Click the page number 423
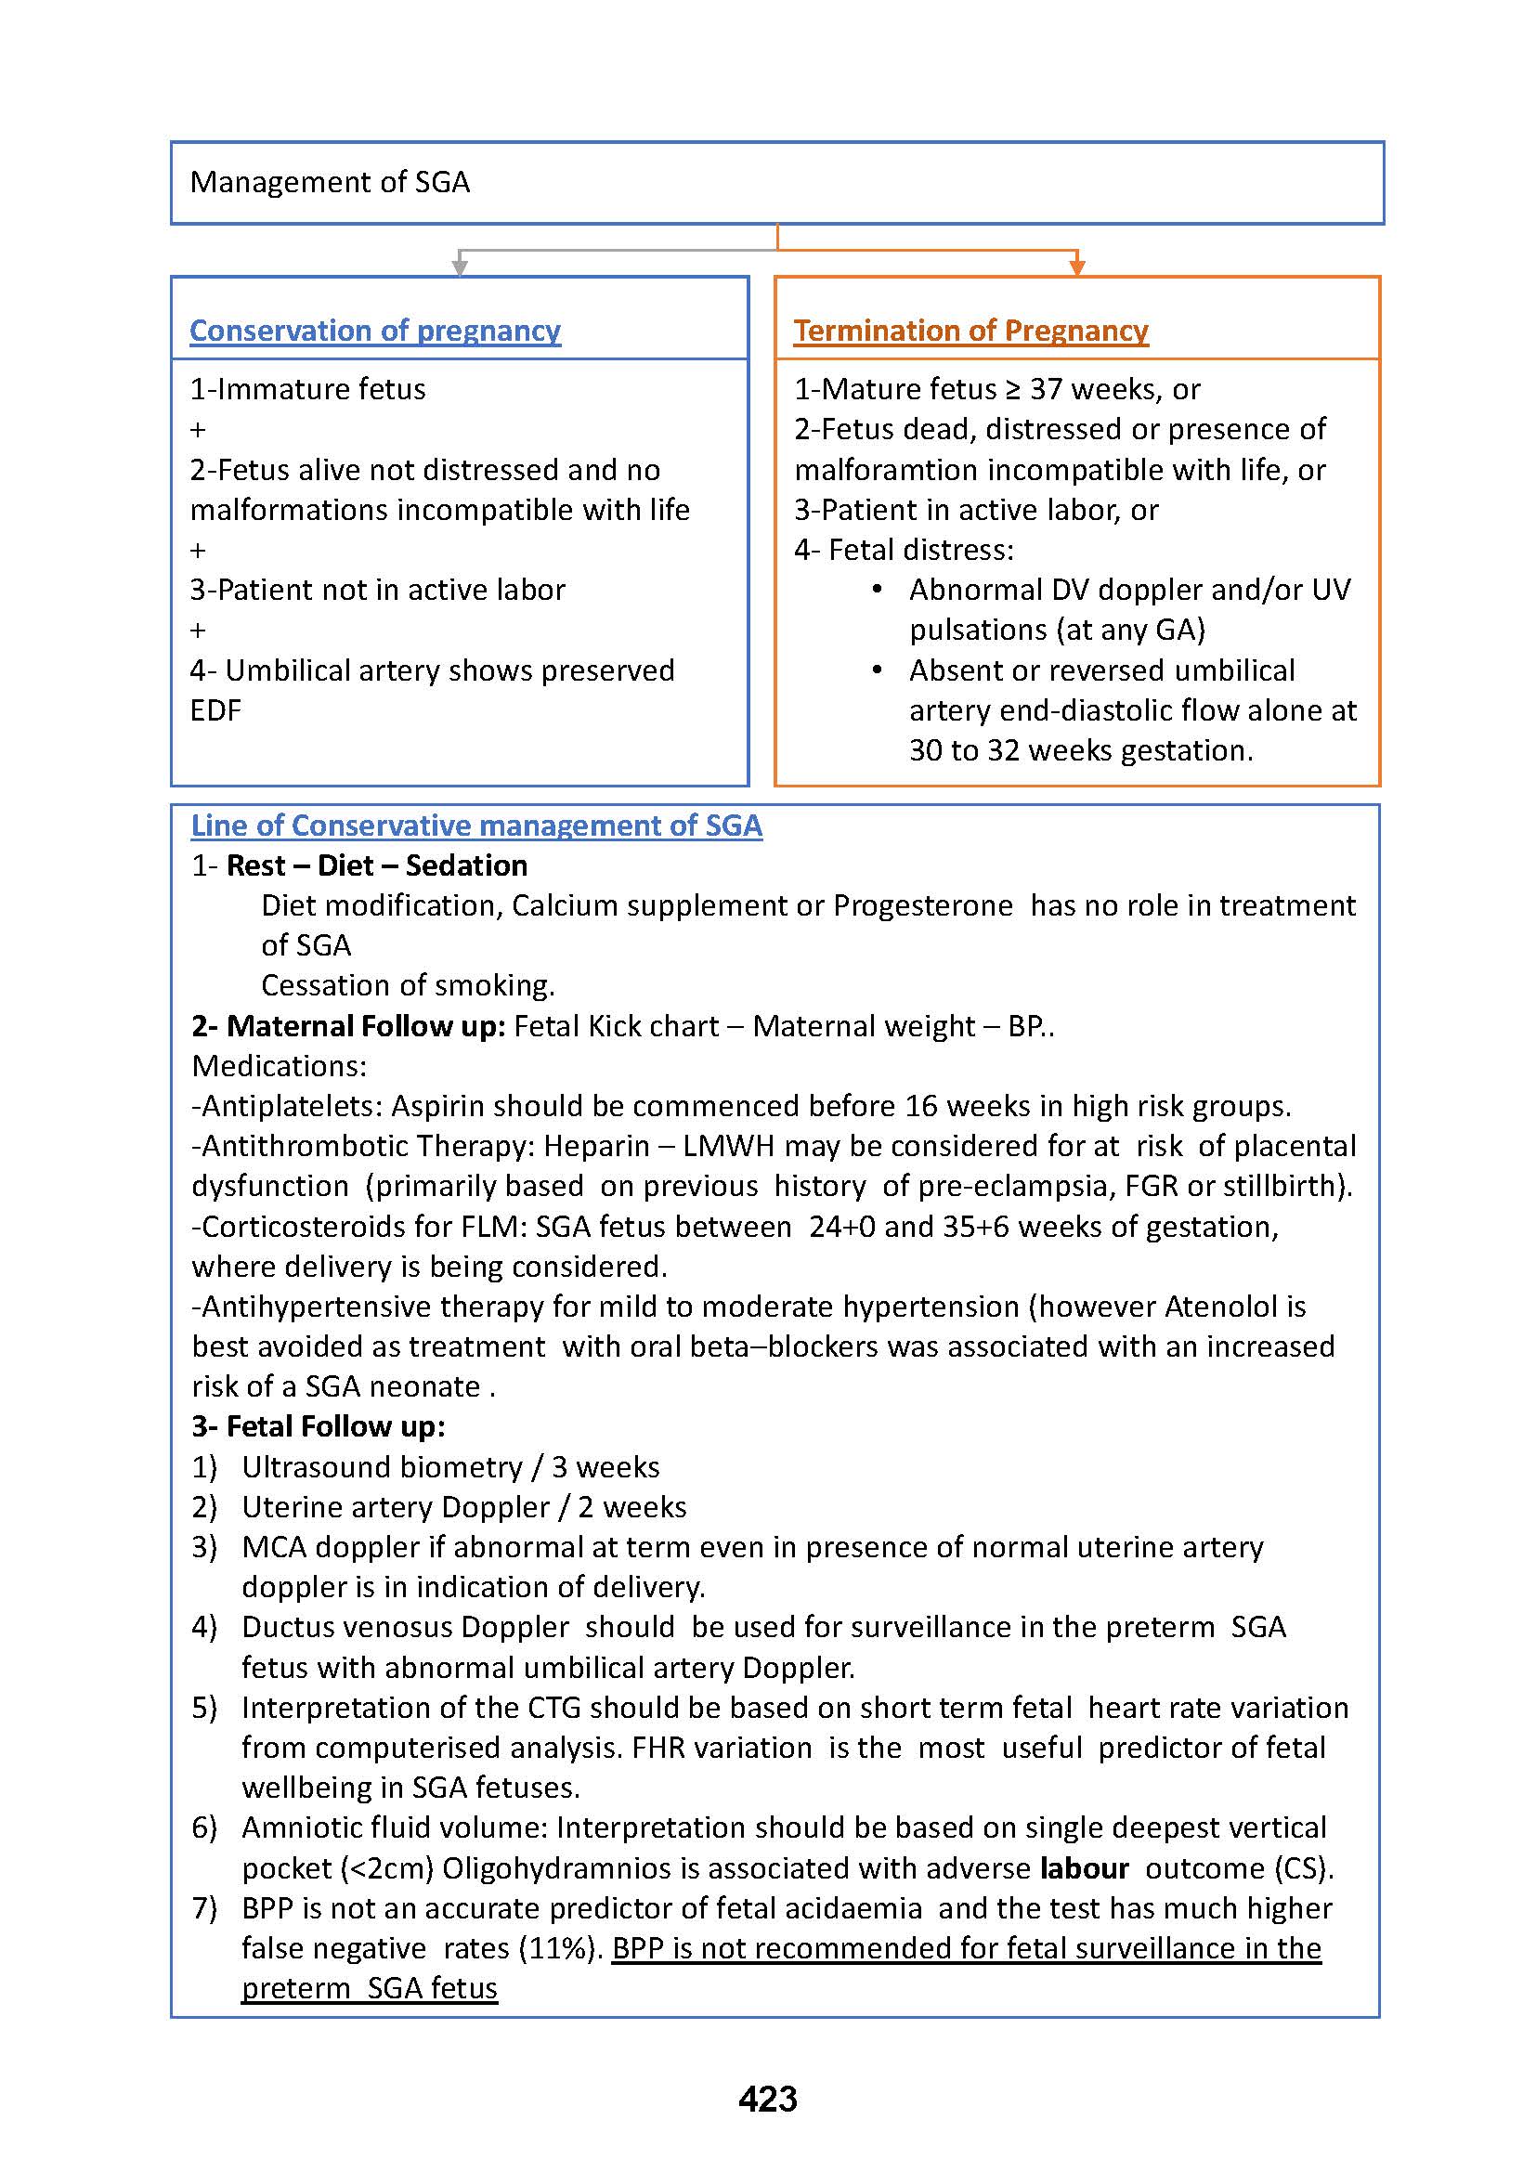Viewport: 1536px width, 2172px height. tap(767, 2099)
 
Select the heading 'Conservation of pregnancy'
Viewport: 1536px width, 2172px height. tap(374, 331)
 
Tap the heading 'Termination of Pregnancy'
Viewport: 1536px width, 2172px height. tap(970, 331)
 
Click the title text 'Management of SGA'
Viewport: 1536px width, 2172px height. tap(329, 182)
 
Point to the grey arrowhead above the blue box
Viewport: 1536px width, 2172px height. tap(460, 267)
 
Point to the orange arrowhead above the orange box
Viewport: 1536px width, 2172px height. tap(1076, 267)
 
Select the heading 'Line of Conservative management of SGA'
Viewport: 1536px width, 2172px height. tap(476, 825)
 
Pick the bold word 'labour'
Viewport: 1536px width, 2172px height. tap(1084, 1868)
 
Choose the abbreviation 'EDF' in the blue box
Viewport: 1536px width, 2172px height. tap(215, 709)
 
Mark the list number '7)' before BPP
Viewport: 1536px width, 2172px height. tap(204, 1908)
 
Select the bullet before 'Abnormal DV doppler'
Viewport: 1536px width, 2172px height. tap(878, 590)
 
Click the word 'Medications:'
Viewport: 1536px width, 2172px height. tap(279, 1066)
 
